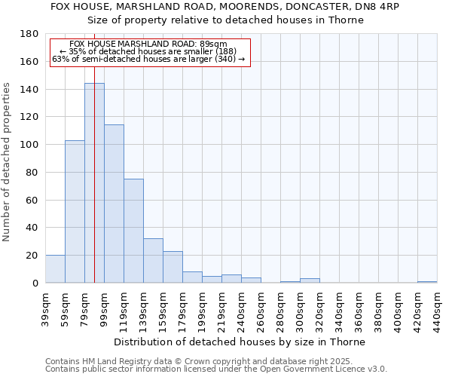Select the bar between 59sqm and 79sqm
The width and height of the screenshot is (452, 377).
pos(75,212)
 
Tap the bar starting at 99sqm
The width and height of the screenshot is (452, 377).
pos(114,204)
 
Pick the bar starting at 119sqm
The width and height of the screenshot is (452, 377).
pos(133,231)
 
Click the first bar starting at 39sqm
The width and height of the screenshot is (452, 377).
pos(55,269)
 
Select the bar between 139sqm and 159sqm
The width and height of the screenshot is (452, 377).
pos(153,261)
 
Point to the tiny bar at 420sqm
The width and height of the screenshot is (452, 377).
pos(427,282)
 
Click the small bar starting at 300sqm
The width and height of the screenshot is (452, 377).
pos(310,280)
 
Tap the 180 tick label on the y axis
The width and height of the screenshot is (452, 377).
pos(29,34)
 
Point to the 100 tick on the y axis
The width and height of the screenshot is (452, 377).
pos(29,145)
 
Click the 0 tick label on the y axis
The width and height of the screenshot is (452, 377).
pos(35,283)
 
